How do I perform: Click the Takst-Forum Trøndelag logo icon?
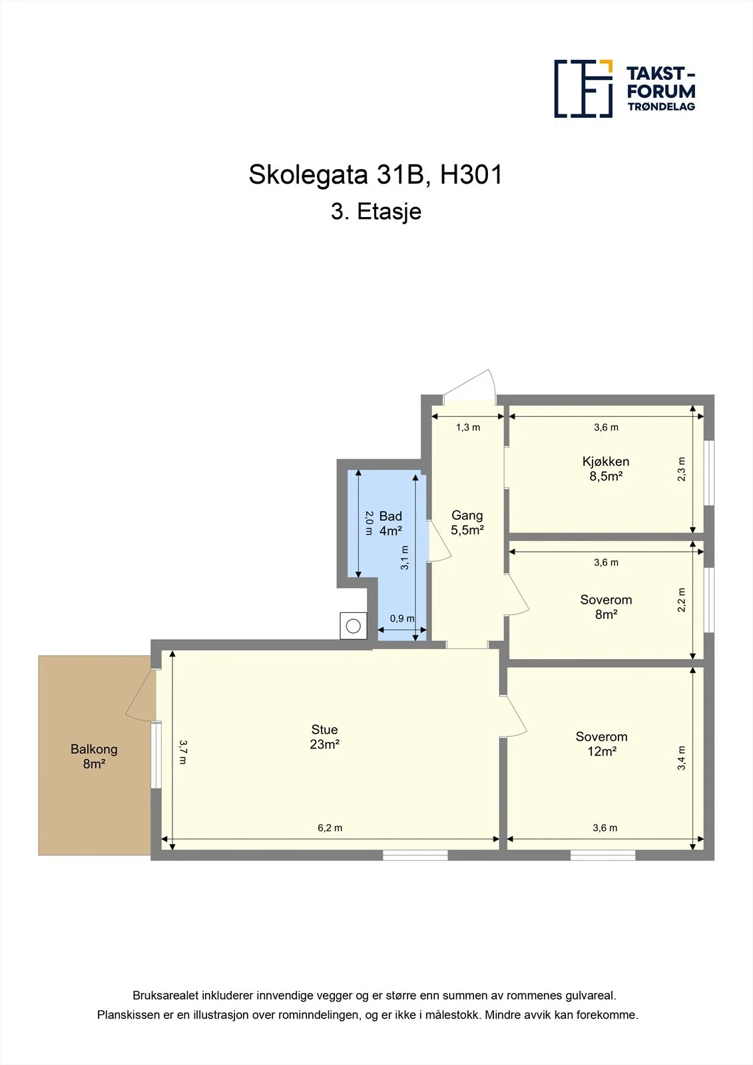click(583, 89)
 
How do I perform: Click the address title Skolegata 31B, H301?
click(376, 174)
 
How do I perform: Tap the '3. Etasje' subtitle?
click(376, 212)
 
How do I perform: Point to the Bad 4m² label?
click(391, 523)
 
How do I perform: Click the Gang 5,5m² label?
click(467, 522)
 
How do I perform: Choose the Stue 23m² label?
click(324, 736)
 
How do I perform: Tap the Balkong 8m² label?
click(94, 756)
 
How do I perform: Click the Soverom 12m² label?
click(601, 744)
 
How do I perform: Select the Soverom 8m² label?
click(606, 606)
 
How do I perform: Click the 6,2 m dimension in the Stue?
click(330, 828)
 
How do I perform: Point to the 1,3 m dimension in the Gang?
click(468, 427)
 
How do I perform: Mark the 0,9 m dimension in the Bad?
click(402, 618)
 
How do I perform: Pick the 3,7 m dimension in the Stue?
click(183, 751)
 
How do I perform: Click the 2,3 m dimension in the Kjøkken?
click(681, 469)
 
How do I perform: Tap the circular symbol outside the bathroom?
click(354, 626)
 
